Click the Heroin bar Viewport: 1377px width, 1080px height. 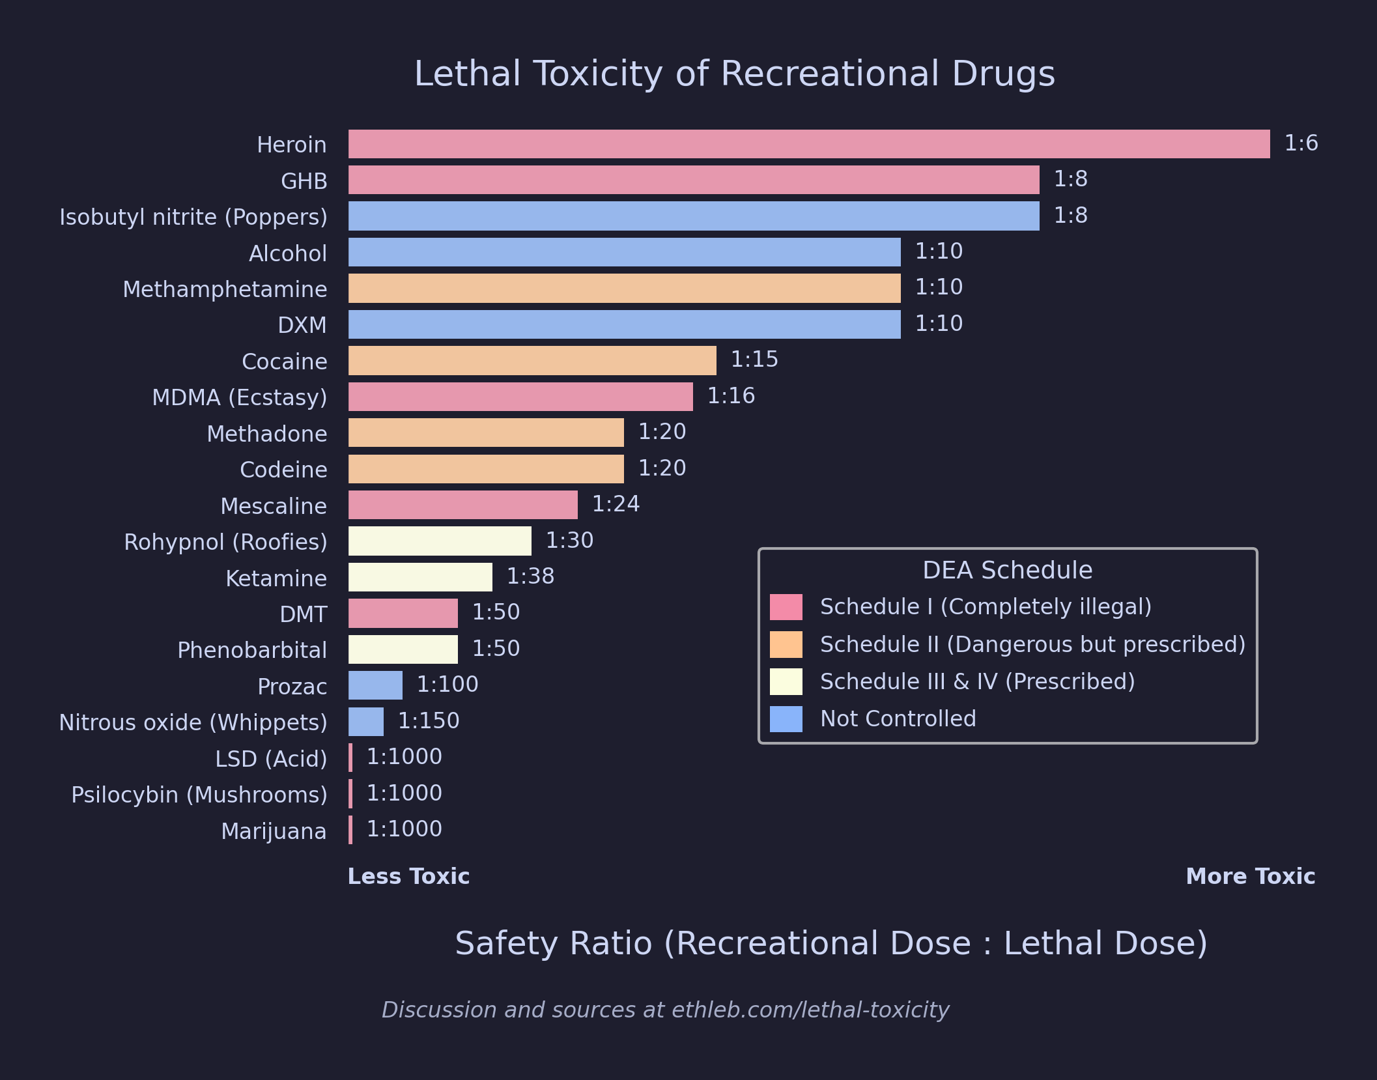[x=808, y=144]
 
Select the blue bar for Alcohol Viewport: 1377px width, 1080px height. [x=624, y=252]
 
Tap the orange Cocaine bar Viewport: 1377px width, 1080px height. [x=532, y=360]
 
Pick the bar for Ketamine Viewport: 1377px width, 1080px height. [x=420, y=577]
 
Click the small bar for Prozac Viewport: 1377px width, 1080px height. [x=375, y=685]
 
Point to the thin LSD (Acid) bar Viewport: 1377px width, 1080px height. [x=350, y=758]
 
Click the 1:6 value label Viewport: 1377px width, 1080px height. [x=1301, y=143]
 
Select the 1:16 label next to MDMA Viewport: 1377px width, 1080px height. [x=731, y=396]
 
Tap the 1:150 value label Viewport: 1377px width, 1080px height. [x=429, y=721]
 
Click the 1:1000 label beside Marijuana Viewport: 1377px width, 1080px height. [x=405, y=829]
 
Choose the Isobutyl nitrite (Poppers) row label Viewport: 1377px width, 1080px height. [x=193, y=217]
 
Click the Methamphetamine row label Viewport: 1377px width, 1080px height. [x=225, y=289]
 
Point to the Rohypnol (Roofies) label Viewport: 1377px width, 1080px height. [x=225, y=542]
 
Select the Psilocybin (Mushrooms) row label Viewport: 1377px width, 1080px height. [x=199, y=795]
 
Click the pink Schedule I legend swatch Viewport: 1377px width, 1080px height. [x=786, y=607]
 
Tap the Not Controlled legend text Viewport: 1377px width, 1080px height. [x=898, y=718]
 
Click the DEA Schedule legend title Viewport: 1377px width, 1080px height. [x=1007, y=571]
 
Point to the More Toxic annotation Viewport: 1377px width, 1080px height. [x=1250, y=877]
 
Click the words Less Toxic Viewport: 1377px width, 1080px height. [x=408, y=877]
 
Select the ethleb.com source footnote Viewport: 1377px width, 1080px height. [x=665, y=1010]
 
